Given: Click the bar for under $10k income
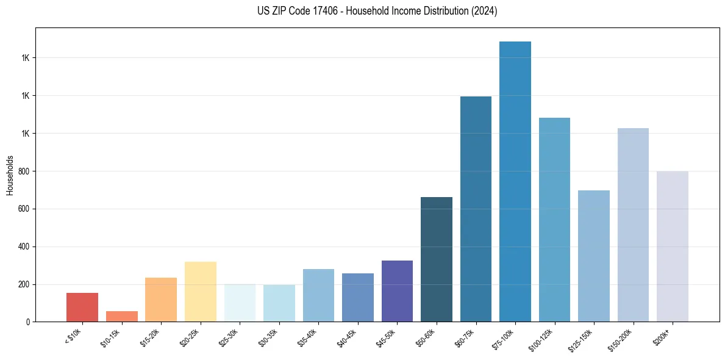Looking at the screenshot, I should click(x=82, y=307).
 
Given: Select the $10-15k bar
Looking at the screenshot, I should click(x=121, y=316).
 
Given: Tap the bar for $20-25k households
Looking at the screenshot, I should click(x=201, y=292).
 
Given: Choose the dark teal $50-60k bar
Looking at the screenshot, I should click(x=437, y=259).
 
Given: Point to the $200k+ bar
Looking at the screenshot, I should click(x=673, y=247).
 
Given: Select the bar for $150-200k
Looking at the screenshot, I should click(x=633, y=225).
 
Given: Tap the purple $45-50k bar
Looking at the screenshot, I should click(x=397, y=291).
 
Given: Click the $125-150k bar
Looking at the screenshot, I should click(x=594, y=256).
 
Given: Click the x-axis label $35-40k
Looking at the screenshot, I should click(x=309, y=336).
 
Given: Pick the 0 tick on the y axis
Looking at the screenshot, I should click(x=27, y=322).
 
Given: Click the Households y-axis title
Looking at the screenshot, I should click(x=10, y=175).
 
